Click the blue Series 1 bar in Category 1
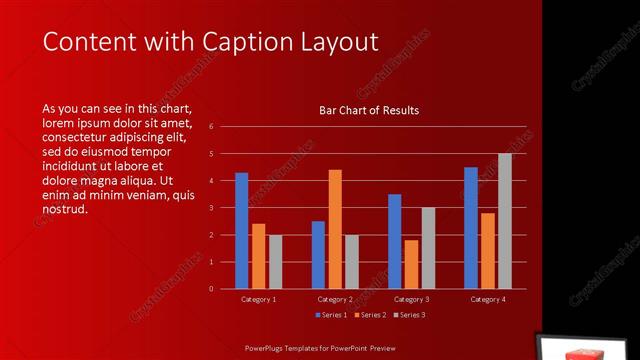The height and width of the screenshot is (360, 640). [x=241, y=231]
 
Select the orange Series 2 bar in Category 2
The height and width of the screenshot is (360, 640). [x=335, y=229]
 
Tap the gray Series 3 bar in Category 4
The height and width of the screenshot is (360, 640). [x=505, y=221]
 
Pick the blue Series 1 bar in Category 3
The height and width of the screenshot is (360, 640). [x=395, y=241]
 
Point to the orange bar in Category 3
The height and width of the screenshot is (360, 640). [x=411, y=264]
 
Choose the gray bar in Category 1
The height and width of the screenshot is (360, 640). [x=275, y=262]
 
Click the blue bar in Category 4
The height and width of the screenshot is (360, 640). [x=471, y=228]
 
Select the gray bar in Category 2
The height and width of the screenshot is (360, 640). [x=351, y=262]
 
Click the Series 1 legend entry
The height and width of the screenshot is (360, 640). [x=331, y=315]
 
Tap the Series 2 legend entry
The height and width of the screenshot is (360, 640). [x=369, y=315]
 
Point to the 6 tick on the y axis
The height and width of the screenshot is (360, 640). [x=211, y=127]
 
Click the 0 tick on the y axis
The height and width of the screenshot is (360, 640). [x=211, y=289]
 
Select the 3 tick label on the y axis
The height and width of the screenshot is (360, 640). [x=211, y=208]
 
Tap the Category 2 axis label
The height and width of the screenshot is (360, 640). [x=335, y=299]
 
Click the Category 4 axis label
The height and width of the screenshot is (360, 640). [x=488, y=299]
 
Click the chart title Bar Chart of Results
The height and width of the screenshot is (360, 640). [x=369, y=110]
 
